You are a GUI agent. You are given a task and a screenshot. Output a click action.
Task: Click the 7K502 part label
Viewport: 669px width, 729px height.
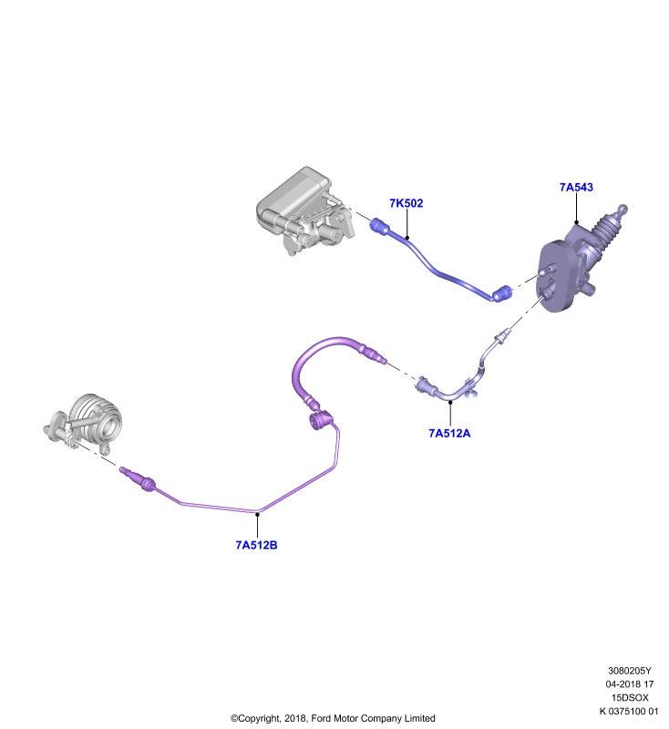(406, 203)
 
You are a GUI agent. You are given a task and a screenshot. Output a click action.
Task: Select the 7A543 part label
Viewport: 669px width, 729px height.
(576, 188)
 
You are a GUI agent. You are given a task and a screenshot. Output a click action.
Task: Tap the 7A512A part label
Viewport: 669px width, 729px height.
(449, 434)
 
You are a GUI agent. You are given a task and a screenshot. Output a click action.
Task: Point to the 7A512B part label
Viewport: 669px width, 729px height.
(256, 545)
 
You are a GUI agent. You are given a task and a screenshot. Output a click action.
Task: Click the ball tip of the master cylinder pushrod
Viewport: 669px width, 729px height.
(623, 210)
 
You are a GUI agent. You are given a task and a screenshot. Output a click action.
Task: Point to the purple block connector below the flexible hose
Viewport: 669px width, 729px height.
(320, 420)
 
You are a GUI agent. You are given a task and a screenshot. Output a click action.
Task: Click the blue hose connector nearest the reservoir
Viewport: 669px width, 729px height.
(379, 226)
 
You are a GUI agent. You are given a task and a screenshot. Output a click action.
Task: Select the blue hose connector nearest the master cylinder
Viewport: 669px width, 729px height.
(502, 293)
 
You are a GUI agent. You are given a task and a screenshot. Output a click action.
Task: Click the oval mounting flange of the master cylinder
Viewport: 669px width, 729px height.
(557, 276)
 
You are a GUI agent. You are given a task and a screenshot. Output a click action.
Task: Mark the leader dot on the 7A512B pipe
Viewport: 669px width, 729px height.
(257, 513)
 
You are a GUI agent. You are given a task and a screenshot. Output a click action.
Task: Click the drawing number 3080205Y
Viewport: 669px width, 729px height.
(630, 671)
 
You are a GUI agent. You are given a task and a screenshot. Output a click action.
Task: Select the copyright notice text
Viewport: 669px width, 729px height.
(333, 718)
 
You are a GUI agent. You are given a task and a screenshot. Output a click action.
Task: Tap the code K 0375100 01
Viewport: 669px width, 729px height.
(629, 711)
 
